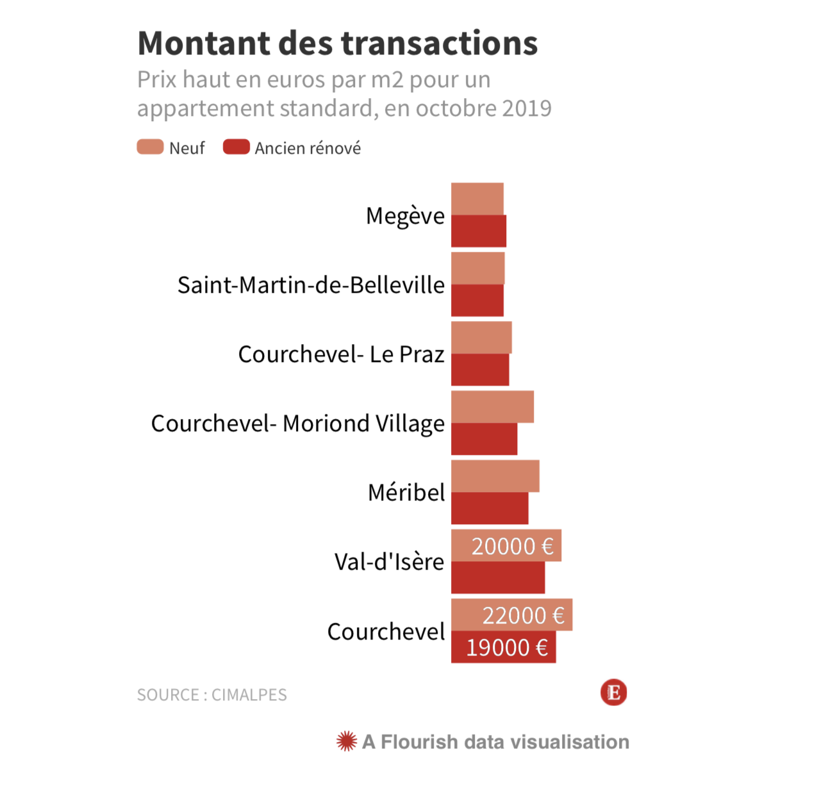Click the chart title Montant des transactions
(338, 44)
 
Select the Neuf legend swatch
(150, 147)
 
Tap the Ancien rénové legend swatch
(236, 147)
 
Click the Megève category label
(405, 216)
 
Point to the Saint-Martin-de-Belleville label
(311, 285)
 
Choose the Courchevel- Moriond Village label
(297, 424)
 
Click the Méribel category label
(406, 493)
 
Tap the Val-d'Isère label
(389, 562)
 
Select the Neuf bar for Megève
(477, 199)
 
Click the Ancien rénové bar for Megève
(479, 231)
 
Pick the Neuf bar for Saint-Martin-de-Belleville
(478, 268)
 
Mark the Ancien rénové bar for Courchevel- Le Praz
(480, 370)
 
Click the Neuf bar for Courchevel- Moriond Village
(492, 406)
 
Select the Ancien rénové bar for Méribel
(490, 508)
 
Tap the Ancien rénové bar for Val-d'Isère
(498, 577)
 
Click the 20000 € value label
(512, 547)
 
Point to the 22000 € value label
(523, 616)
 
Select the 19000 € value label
(507, 648)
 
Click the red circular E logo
(613, 693)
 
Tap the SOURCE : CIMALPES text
(212, 695)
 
